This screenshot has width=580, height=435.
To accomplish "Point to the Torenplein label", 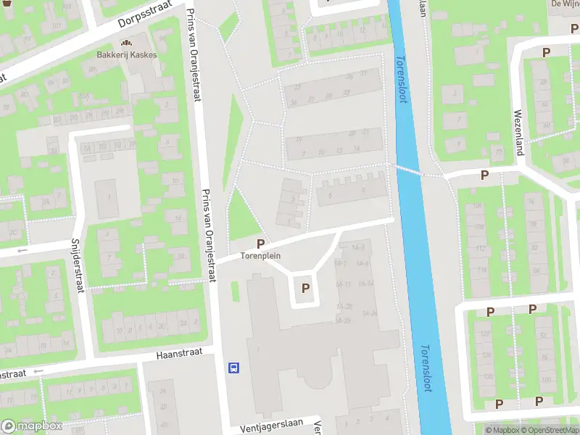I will coord(261,256).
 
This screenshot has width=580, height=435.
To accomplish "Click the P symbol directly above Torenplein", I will coord(260,244).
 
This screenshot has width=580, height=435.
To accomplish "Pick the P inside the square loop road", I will coord(306,288).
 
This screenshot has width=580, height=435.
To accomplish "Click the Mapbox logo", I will coord(31,426).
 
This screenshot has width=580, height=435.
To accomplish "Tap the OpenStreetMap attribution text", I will coord(548,431).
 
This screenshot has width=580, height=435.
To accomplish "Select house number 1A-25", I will coord(344,320).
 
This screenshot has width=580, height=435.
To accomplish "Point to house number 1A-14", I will coord(366,283).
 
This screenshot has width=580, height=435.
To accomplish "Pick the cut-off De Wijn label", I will coord(564,4).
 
